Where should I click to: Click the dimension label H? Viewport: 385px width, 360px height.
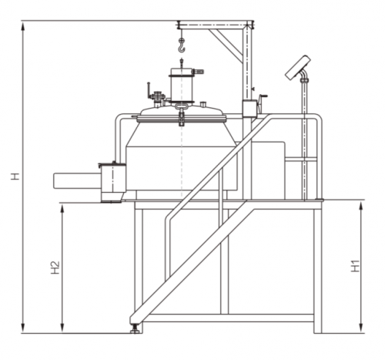click(x=15, y=177)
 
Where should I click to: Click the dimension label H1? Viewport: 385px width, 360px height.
click(x=356, y=266)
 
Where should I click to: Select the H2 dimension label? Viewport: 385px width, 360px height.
click(x=55, y=267)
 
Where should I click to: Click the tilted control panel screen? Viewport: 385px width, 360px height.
click(x=298, y=68)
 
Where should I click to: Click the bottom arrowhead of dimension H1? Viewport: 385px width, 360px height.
click(x=361, y=328)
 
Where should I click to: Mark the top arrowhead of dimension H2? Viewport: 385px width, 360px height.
click(x=62, y=210)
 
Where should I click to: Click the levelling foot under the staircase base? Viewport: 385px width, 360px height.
click(x=135, y=329)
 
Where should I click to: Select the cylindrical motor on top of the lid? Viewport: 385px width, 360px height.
click(x=182, y=85)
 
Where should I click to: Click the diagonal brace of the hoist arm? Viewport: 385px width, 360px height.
click(x=226, y=42)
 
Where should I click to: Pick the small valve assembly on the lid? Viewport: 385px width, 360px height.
click(x=156, y=98)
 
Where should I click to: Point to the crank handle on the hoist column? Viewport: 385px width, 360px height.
click(x=263, y=101)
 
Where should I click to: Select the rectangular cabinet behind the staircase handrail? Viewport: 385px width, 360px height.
click(x=269, y=170)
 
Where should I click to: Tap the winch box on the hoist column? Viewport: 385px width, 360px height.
click(x=249, y=109)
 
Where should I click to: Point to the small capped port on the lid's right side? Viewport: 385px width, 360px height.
click(x=203, y=104)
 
